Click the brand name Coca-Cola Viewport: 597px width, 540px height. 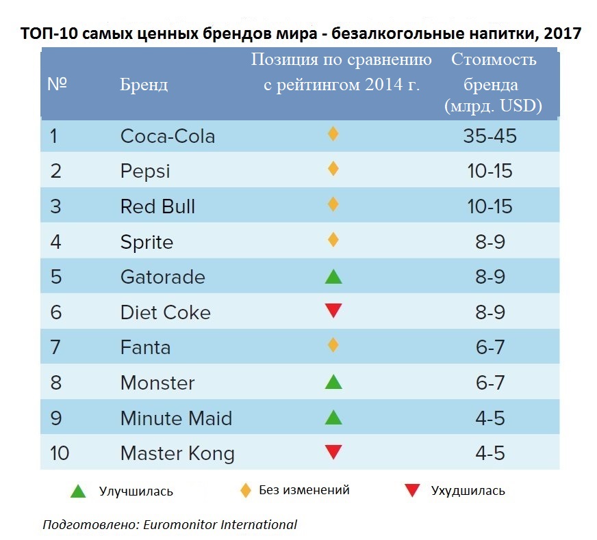click(x=168, y=136)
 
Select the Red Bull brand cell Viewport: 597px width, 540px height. click(x=157, y=206)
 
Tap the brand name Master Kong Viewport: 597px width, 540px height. click(x=177, y=453)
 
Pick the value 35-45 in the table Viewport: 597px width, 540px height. click(x=490, y=136)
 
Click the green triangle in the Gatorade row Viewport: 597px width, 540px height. click(x=333, y=277)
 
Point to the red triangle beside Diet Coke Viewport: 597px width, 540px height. click(x=333, y=312)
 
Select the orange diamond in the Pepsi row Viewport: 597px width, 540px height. click(x=333, y=168)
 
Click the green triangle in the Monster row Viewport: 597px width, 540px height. click(x=333, y=382)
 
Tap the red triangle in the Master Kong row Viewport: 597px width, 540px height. click(x=333, y=452)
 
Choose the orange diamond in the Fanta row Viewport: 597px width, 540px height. click(x=333, y=345)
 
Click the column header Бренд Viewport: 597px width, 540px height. click(x=144, y=85)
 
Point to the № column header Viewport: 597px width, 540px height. click(x=57, y=85)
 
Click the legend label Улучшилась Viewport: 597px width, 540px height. click(x=136, y=491)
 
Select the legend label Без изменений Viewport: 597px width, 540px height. click(x=304, y=490)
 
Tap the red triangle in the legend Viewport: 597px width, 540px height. click(x=412, y=490)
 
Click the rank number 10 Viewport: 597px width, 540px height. click(x=60, y=453)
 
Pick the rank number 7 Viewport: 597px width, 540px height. click(x=55, y=347)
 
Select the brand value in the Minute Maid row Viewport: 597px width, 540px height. click(x=490, y=418)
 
